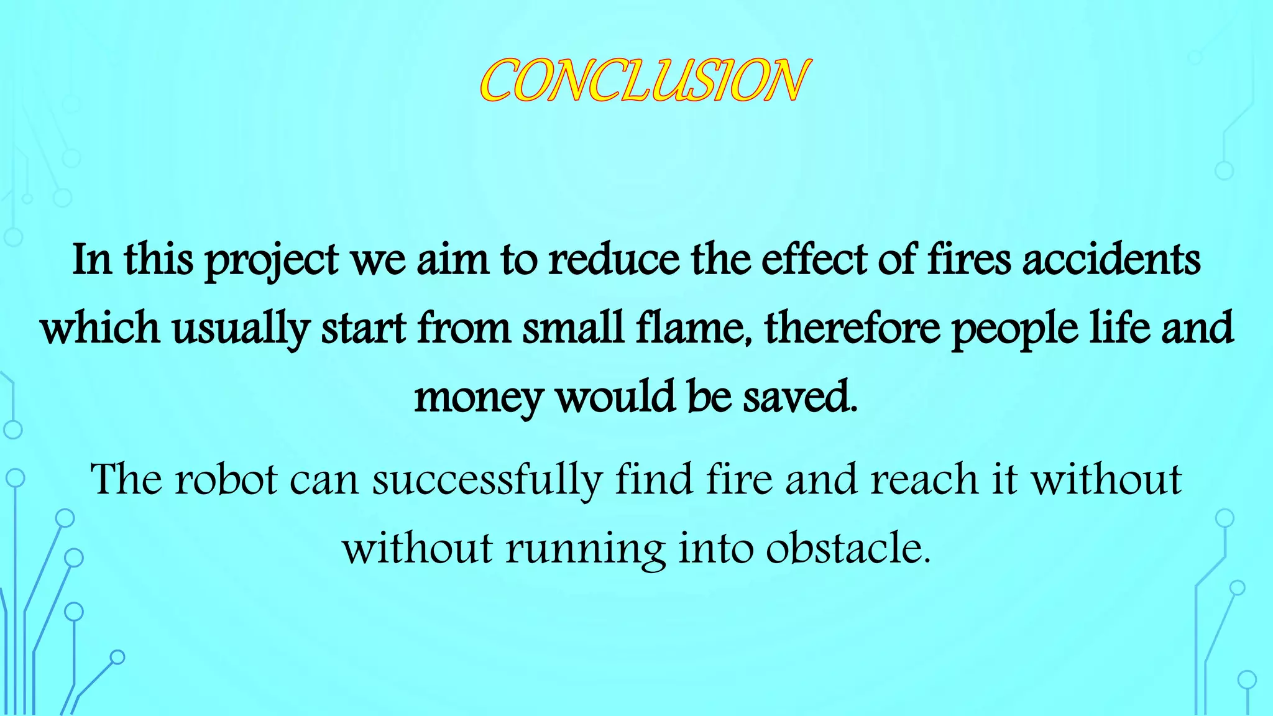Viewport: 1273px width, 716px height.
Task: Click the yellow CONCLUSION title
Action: pos(644,81)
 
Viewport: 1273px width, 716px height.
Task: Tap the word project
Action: pos(272,260)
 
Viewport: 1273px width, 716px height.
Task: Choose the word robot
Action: pos(226,479)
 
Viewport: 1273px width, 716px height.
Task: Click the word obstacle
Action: pos(848,548)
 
